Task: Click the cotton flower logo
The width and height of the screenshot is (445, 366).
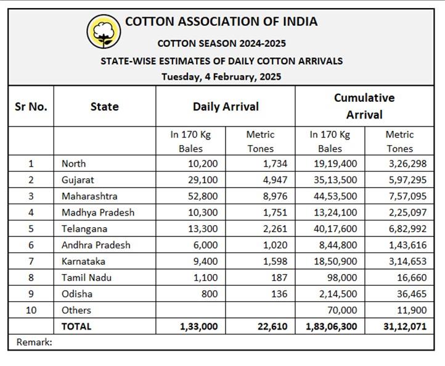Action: click(x=104, y=31)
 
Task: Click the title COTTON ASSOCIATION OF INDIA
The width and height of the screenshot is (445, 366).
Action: click(x=221, y=22)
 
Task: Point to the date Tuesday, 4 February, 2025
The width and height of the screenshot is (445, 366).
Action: click(x=221, y=77)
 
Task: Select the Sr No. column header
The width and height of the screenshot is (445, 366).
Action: click(x=31, y=106)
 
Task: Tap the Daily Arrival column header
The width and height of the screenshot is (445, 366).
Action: click(x=226, y=106)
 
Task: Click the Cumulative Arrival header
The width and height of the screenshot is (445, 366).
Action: click(x=364, y=106)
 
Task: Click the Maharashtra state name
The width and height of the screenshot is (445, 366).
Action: click(x=89, y=196)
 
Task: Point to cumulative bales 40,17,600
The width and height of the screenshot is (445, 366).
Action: click(x=334, y=228)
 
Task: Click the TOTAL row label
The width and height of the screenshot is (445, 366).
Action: click(x=76, y=326)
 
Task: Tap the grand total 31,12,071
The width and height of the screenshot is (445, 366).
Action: click(x=404, y=326)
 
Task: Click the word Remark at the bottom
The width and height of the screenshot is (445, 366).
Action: click(x=34, y=341)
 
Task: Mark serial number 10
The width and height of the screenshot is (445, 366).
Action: click(x=31, y=310)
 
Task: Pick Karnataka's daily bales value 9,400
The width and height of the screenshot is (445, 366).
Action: click(x=205, y=261)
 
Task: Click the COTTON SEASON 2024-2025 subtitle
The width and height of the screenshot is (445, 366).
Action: click(x=221, y=44)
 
